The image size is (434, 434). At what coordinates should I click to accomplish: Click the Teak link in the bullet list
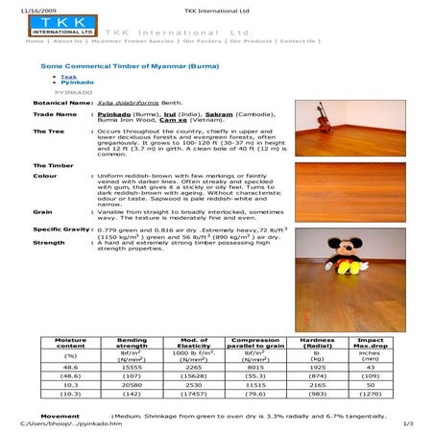tap(68, 76)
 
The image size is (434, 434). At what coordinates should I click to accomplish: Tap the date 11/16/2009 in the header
tap(23, 10)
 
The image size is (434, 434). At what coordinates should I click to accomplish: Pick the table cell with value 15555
tap(133, 368)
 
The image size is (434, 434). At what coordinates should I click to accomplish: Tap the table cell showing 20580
tap(133, 384)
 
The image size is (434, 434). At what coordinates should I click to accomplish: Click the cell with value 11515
tap(254, 384)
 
